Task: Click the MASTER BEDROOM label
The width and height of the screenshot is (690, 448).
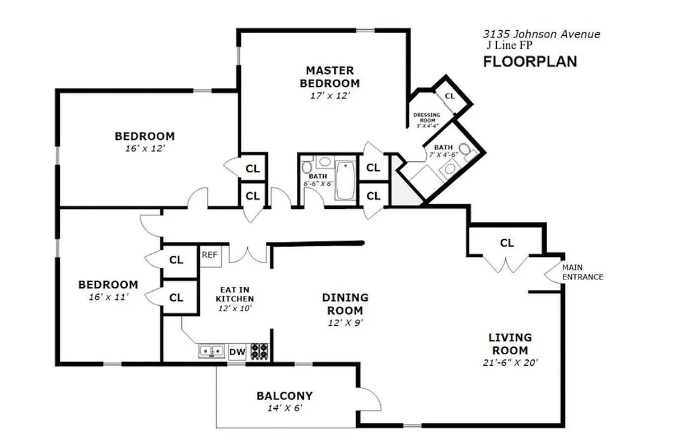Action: (329, 77)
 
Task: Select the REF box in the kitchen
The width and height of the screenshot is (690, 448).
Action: (209, 255)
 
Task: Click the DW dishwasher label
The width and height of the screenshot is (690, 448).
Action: (237, 352)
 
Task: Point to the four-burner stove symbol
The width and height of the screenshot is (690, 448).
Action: (259, 351)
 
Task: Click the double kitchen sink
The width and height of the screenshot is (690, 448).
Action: (211, 351)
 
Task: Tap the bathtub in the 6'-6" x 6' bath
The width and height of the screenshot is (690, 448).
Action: (345, 180)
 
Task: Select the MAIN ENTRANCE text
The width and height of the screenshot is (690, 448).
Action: (582, 272)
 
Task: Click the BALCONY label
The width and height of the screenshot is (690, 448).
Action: (285, 396)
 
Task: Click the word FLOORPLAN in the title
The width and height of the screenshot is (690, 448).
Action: (530, 62)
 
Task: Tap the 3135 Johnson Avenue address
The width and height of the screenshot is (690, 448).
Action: (541, 34)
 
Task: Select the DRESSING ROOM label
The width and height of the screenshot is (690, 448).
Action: (427, 118)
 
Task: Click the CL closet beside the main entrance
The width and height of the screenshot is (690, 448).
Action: (506, 243)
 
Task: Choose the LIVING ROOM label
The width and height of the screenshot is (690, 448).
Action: (510, 343)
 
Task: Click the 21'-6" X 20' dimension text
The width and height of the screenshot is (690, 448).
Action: (510, 362)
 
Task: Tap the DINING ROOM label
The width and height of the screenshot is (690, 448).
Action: (345, 304)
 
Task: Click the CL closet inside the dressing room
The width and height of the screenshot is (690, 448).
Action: (450, 96)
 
